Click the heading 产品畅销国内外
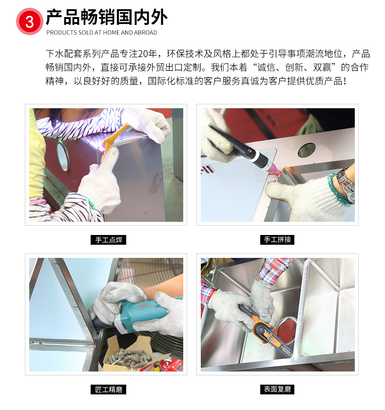107,18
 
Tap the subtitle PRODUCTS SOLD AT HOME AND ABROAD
101,33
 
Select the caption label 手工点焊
109,239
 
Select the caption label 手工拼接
277,239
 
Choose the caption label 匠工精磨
109,389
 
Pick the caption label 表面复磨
277,389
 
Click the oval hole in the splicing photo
307,150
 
